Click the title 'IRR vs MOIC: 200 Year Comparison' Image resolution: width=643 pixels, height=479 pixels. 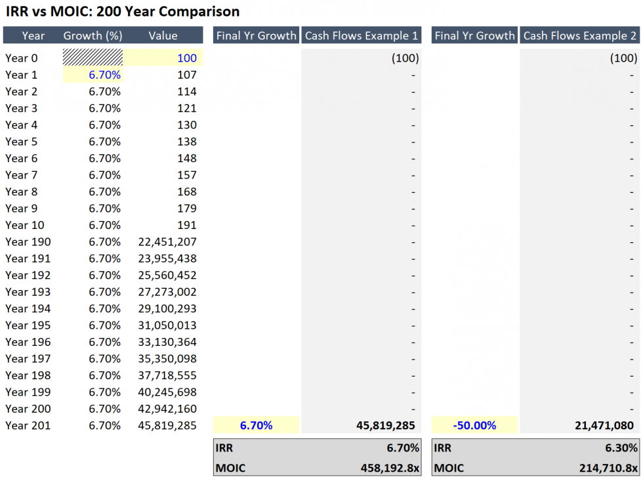click(123, 12)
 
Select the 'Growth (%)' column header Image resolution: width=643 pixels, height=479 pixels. click(92, 35)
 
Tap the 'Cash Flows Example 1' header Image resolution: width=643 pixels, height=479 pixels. click(361, 35)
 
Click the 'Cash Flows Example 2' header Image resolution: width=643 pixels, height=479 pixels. click(579, 35)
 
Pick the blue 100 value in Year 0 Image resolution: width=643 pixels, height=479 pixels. click(186, 58)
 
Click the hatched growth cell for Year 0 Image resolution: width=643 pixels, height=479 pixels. click(93, 58)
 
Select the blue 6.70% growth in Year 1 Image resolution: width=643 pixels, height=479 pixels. click(104, 75)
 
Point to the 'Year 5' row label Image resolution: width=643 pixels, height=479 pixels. click(22, 142)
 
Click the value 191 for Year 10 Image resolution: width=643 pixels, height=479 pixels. click(186, 225)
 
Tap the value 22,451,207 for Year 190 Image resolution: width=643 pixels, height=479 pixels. click(167, 241)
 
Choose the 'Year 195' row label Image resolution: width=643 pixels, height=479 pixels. click(28, 325)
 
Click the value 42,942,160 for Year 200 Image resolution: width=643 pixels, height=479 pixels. click(167, 409)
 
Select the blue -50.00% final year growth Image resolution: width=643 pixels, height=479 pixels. click(474, 425)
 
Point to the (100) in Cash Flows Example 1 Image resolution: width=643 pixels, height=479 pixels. click(405, 58)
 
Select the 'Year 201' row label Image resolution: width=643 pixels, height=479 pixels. click(28, 425)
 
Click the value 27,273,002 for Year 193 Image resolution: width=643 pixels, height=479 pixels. click(167, 292)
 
